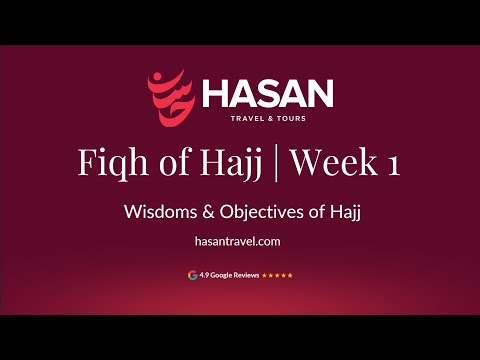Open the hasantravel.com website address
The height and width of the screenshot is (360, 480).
click(240, 240)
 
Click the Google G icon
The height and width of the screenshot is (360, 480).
click(191, 274)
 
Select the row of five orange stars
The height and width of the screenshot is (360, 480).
click(277, 274)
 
